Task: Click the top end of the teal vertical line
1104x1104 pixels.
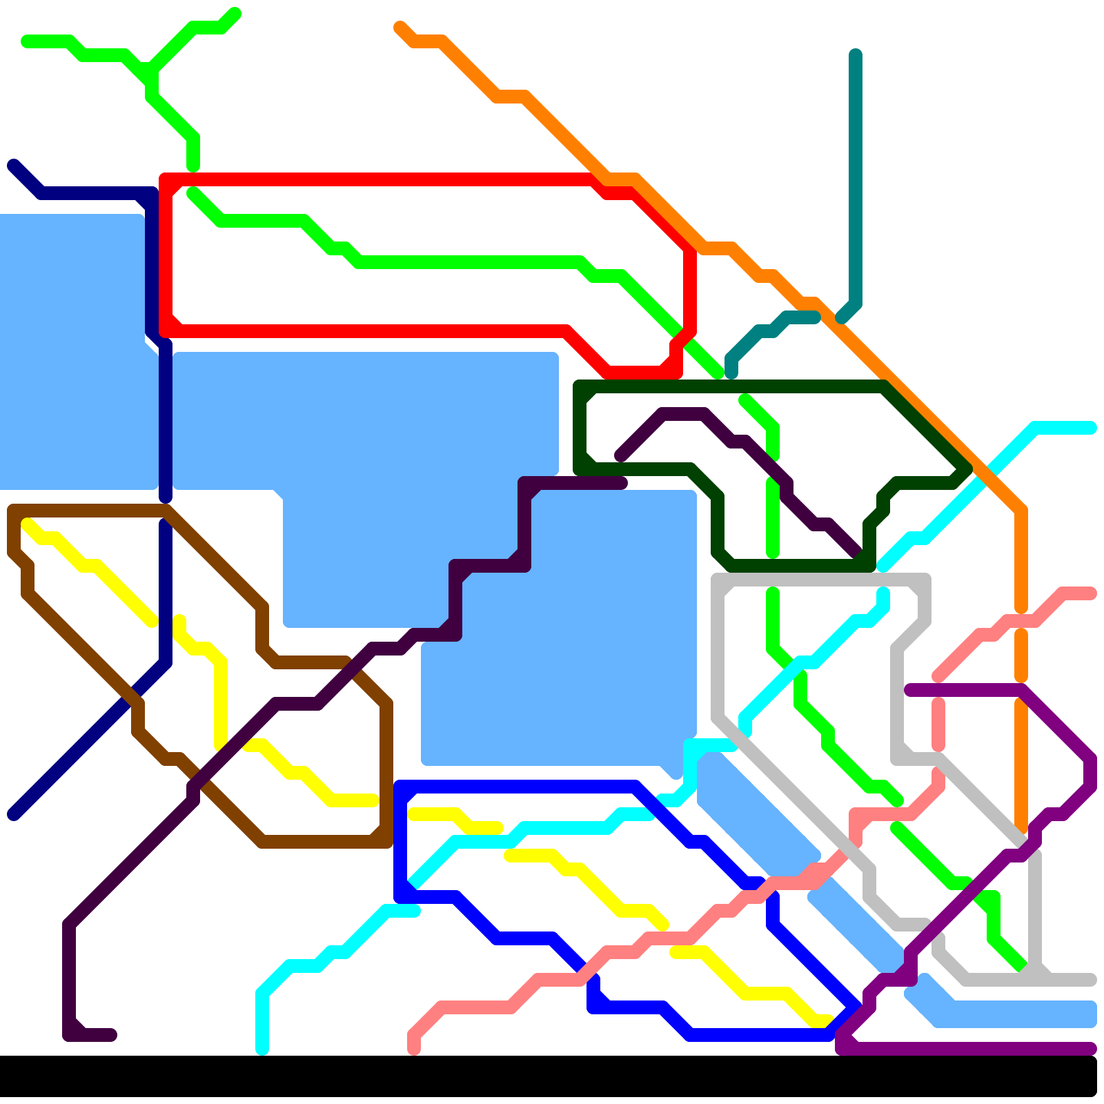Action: pyautogui.click(x=856, y=54)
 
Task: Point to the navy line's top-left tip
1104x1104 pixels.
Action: pyautogui.click(x=13, y=165)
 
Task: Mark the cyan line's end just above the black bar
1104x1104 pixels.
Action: pyautogui.click(x=262, y=1049)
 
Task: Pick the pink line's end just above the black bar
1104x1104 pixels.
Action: pyautogui.click(x=414, y=1049)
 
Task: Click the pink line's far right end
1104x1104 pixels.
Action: pyautogui.click(x=1091, y=593)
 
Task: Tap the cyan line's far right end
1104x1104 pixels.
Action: pyautogui.click(x=1091, y=428)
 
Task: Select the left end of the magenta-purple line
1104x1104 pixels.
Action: pyautogui.click(x=909, y=690)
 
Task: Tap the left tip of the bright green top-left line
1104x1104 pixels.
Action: pyautogui.click(x=26, y=42)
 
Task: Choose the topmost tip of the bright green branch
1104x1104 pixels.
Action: pyautogui.click(x=235, y=13)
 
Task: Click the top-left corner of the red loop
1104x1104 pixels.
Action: pyautogui.click(x=166, y=180)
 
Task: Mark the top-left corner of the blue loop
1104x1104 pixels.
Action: pyautogui.click(x=400, y=787)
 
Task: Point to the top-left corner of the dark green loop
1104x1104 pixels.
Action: pyautogui.click(x=580, y=386)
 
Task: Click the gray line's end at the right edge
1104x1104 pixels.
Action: pyautogui.click(x=1091, y=980)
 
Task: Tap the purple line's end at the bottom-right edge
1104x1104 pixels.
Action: pyautogui.click(x=1091, y=1049)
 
